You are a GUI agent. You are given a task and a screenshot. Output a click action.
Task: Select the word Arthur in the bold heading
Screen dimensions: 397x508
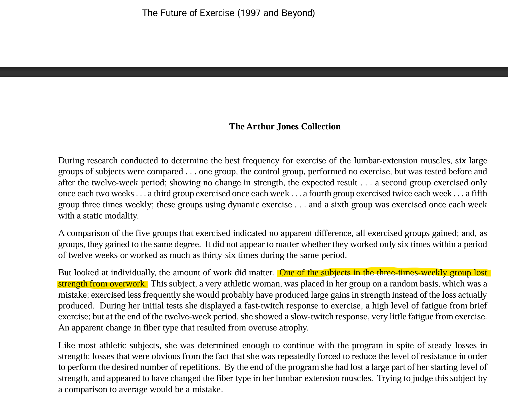(260, 127)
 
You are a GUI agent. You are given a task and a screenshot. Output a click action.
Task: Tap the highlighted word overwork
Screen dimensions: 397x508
(128, 284)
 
